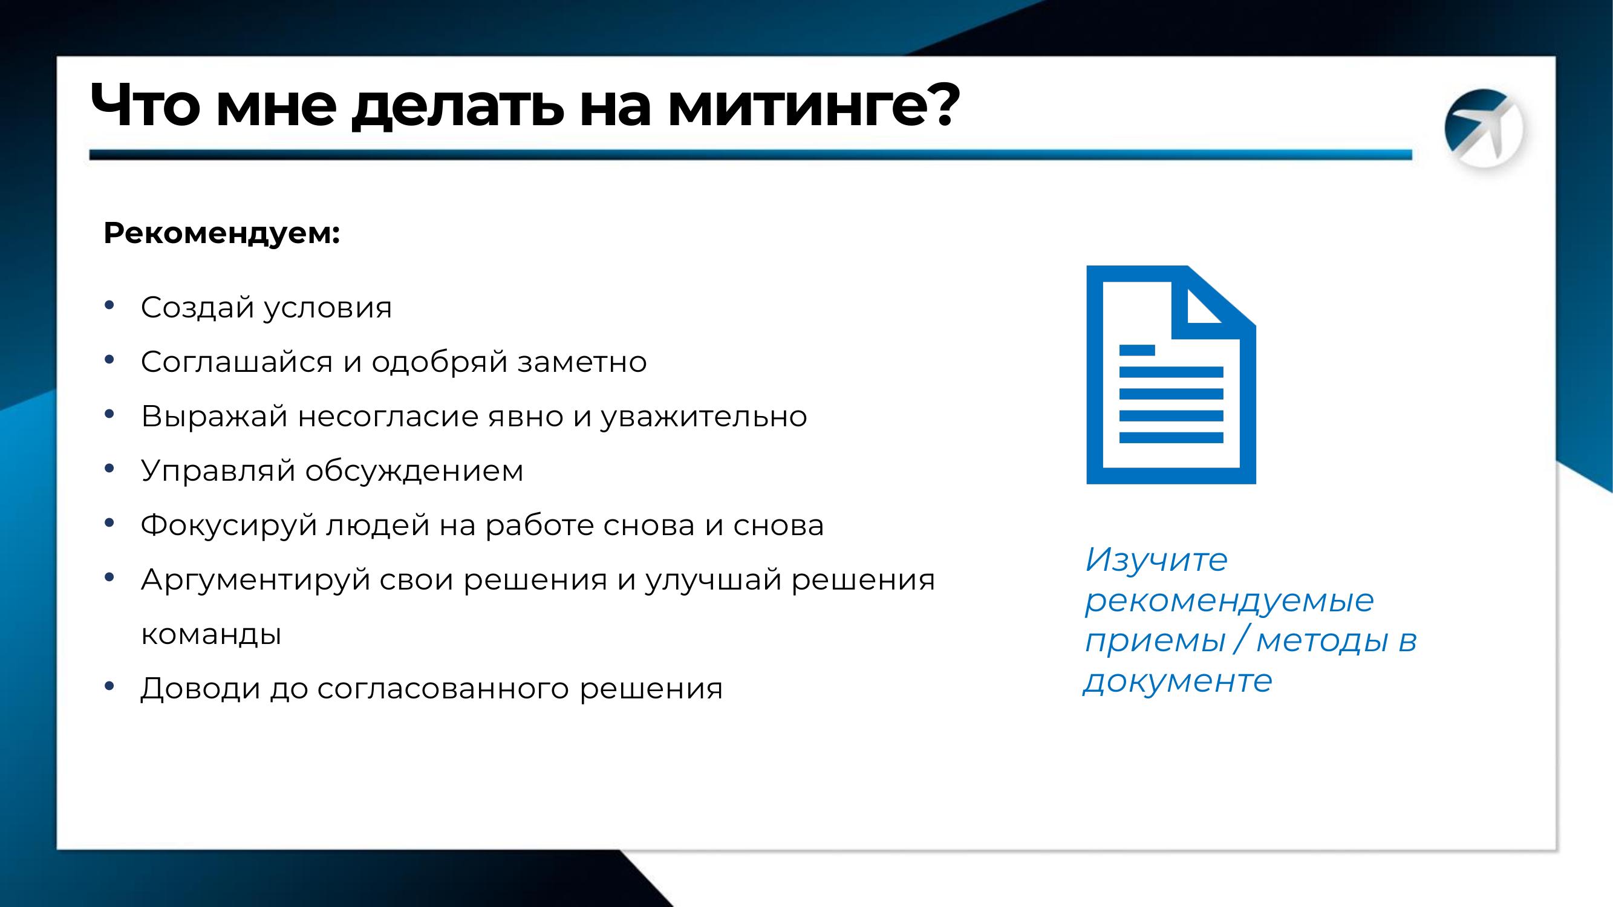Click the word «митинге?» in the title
point(813,105)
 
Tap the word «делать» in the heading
point(454,106)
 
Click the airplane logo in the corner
point(1484,129)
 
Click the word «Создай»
point(197,307)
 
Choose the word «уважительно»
point(704,417)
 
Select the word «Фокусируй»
point(229,525)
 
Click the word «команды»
point(211,635)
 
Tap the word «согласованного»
point(443,689)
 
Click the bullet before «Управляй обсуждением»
point(109,468)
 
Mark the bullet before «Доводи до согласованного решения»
point(109,686)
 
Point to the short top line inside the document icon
point(1137,350)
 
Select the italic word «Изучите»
point(1156,559)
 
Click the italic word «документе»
point(1178,681)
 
